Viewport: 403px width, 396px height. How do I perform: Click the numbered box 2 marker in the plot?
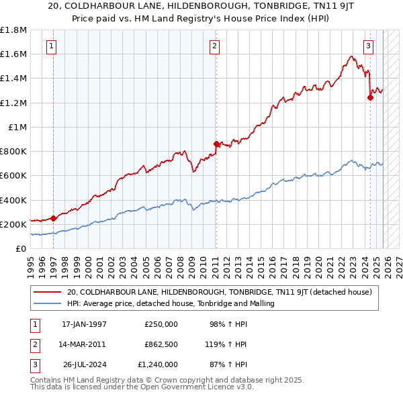pos(214,46)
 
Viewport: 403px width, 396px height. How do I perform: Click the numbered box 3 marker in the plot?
pos(369,46)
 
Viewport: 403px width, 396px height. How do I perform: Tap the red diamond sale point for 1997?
pos(53,218)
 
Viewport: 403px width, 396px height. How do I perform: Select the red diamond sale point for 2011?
pos(216,144)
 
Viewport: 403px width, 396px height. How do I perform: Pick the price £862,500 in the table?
pos(161,344)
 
